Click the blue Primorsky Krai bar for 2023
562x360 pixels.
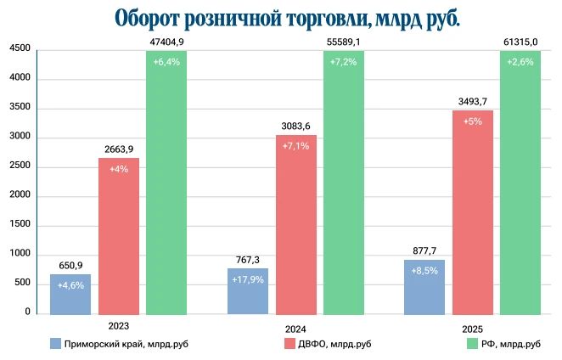(70, 294)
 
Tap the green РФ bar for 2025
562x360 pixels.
(520, 183)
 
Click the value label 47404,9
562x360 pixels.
(166, 41)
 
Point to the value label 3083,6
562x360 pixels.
(296, 127)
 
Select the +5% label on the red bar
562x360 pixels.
(473, 121)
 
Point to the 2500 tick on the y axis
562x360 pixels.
(20, 166)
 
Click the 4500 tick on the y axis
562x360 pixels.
(20, 50)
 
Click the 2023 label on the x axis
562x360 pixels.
(119, 325)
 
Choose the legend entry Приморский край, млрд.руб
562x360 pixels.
(118, 344)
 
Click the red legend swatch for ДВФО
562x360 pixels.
(289, 344)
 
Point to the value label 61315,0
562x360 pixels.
(520, 41)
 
